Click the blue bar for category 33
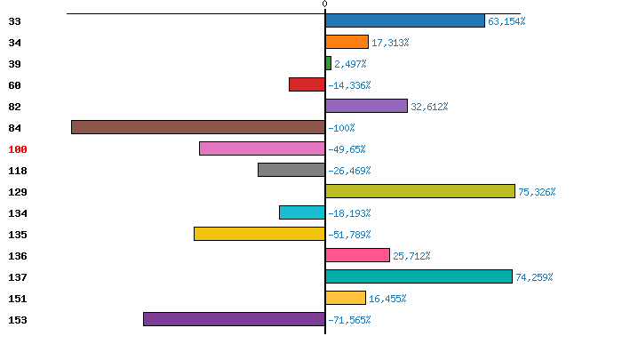click(405, 20)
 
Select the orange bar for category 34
click(347, 42)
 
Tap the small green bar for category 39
click(328, 63)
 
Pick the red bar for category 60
click(307, 84)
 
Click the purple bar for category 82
click(366, 106)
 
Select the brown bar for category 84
click(198, 127)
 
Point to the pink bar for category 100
click(262, 148)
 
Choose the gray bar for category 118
click(291, 170)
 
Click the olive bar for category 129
click(420, 191)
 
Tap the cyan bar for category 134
click(302, 212)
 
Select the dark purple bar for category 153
click(234, 319)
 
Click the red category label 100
click(18, 149)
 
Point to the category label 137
click(18, 277)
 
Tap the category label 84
click(14, 128)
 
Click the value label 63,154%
click(506, 21)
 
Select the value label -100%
click(341, 128)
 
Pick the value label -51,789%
click(349, 235)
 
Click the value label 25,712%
click(411, 256)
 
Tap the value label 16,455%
click(387, 299)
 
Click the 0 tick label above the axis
click(324, 4)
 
